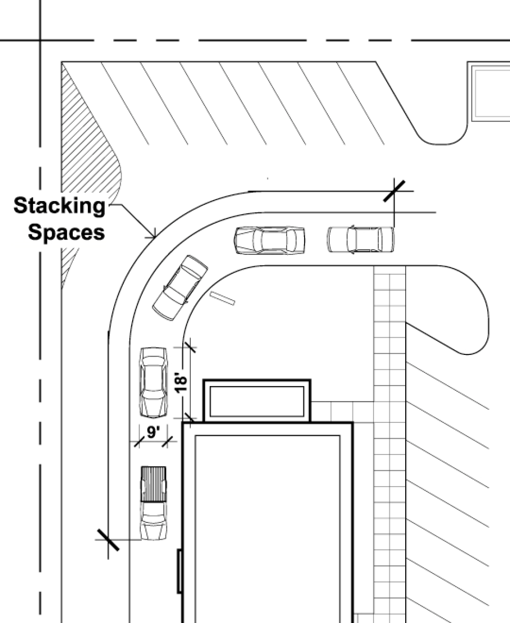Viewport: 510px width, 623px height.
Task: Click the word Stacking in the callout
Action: tap(59, 206)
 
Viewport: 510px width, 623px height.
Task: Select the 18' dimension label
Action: tap(180, 383)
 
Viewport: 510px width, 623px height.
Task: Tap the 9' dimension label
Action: tap(153, 433)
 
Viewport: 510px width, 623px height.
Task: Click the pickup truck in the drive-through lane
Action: tap(153, 503)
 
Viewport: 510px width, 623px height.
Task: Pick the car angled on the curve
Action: tap(180, 288)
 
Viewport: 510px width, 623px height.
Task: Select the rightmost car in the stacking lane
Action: tap(360, 239)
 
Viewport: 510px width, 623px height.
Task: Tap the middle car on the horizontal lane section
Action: tap(270, 240)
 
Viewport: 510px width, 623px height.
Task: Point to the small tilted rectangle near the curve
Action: tap(222, 298)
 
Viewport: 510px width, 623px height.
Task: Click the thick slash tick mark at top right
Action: tap(394, 191)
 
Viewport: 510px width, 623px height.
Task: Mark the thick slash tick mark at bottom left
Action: tap(108, 540)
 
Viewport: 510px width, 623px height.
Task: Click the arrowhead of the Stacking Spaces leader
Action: tap(153, 235)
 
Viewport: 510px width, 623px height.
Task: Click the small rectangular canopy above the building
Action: tap(257, 401)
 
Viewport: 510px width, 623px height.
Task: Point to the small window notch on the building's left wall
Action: tap(180, 571)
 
